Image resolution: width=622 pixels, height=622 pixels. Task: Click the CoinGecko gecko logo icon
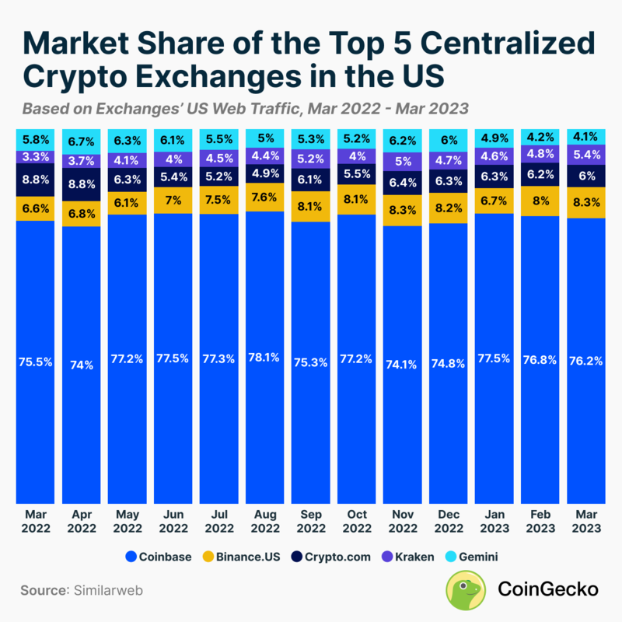point(466,590)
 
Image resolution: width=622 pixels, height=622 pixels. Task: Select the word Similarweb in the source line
point(108,590)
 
